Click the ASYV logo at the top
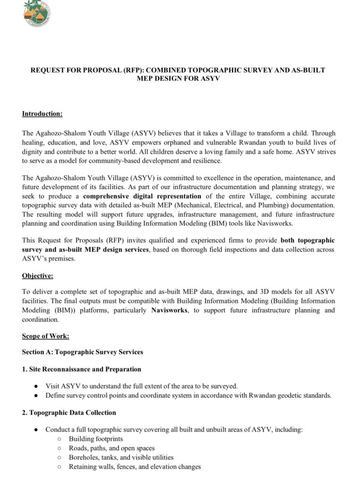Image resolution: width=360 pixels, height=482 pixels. point(37,13)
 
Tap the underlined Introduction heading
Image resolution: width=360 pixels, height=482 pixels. point(42,114)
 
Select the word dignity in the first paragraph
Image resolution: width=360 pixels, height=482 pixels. point(33,152)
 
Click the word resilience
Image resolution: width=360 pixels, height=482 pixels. point(206,161)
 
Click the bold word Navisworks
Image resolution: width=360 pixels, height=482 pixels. point(169,311)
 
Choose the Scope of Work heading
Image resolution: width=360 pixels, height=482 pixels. point(46,336)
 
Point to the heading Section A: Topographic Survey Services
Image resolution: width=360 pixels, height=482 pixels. point(82,352)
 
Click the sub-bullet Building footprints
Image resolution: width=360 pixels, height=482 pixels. point(96,439)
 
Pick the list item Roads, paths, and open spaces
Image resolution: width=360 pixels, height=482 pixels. point(112,448)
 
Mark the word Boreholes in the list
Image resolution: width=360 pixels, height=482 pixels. point(84,457)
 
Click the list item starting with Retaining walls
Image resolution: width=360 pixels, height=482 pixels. point(135,466)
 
